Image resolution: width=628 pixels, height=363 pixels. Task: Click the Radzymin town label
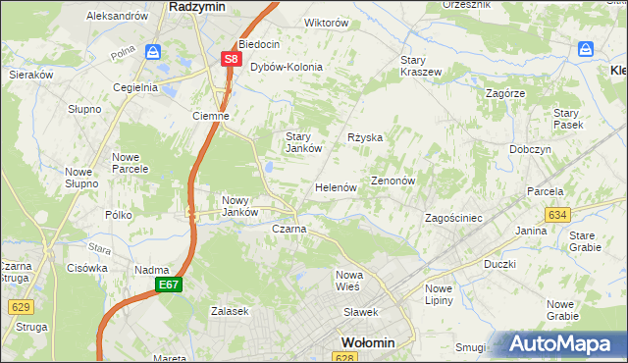click(198, 6)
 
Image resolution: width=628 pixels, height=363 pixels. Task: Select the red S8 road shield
click(231, 59)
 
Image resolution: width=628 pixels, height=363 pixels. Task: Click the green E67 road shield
click(168, 285)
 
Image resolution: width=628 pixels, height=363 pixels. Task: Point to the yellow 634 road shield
click(557, 214)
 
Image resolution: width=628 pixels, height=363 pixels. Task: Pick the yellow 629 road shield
click(21, 306)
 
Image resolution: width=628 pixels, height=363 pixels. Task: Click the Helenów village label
click(335, 186)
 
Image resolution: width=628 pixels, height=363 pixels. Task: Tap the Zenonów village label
click(394, 181)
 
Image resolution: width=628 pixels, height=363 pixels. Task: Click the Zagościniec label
click(452, 218)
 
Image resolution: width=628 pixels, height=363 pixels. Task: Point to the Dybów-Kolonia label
click(287, 67)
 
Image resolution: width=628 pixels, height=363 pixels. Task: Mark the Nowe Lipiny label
click(439, 294)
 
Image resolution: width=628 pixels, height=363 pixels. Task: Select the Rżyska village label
click(365, 137)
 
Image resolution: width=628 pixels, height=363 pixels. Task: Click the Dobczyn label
click(530, 149)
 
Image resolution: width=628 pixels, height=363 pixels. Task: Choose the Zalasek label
click(230, 311)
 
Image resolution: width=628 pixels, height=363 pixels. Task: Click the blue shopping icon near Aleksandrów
click(153, 51)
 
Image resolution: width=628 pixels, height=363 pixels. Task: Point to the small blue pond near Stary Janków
click(266, 169)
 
